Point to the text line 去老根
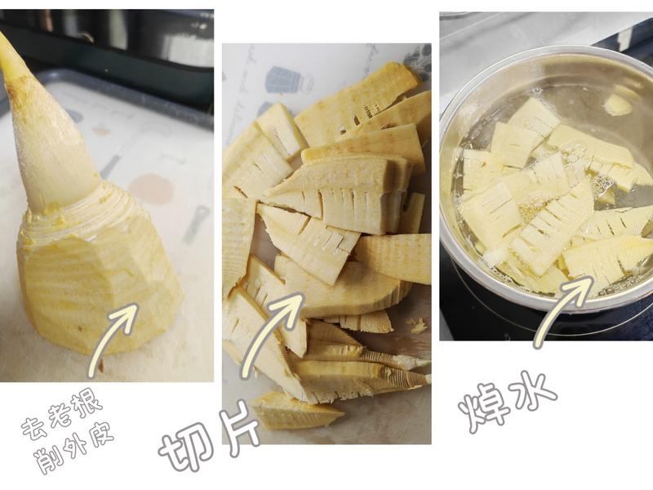tap(62, 416)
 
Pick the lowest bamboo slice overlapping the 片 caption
tap(298, 412)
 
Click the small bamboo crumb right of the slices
tap(418, 325)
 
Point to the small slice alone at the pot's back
tap(618, 105)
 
